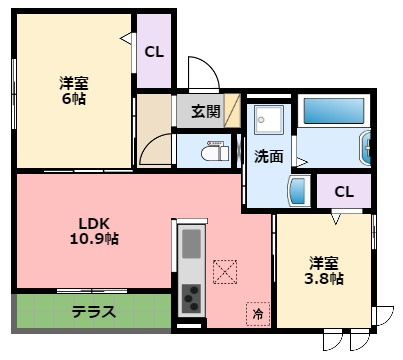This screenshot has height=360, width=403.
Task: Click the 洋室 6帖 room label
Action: pos(74,91)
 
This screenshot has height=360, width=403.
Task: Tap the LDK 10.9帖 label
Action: pos(94,231)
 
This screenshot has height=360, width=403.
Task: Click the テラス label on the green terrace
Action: pos(94,312)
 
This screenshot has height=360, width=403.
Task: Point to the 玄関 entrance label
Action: pos(206,112)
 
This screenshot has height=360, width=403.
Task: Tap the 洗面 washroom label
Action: pos(269,156)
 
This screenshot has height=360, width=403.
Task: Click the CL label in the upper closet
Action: pos(154,52)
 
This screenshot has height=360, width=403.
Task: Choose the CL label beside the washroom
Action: pos(344,192)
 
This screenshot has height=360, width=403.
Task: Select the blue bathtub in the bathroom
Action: pos(334,111)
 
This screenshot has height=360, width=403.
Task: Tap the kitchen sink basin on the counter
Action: pos(192,244)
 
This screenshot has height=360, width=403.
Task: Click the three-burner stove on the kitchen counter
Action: pos(191,298)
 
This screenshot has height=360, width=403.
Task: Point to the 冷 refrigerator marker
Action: pos(258,314)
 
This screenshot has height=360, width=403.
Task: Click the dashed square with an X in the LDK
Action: pos(225,272)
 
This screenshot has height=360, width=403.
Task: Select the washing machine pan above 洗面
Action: pos(269,120)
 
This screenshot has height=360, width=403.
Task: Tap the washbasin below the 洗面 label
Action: pos(298,191)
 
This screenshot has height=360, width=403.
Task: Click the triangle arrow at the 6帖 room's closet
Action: pos(126,38)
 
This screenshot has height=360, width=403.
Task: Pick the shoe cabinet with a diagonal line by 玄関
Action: pos(232,111)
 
